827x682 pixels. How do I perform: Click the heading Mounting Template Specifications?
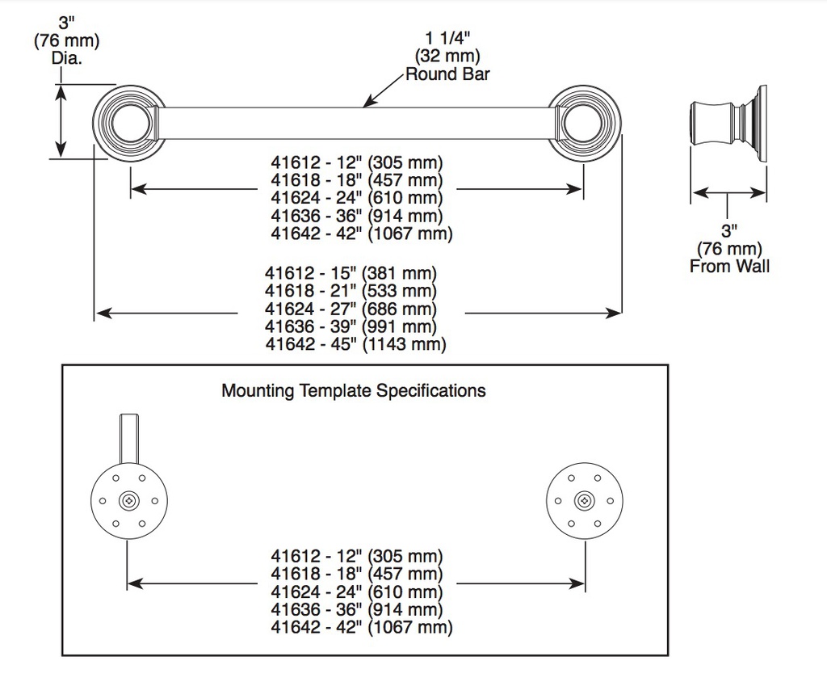[354, 391]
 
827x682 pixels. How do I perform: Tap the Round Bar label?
[447, 74]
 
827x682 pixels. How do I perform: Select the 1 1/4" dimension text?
[447, 39]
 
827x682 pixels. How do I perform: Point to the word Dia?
[67, 58]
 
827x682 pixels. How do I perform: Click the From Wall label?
[729, 266]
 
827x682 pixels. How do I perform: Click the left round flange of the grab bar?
[128, 123]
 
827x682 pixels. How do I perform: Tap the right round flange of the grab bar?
[585, 123]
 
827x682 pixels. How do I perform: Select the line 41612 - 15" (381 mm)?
[351, 273]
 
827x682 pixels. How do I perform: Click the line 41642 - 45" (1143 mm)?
[355, 344]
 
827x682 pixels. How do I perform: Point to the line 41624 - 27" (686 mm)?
[351, 309]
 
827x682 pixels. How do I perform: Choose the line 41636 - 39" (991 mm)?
[351, 326]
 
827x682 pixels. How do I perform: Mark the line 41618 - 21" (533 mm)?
[351, 291]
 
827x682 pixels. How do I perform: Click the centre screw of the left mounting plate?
[128, 501]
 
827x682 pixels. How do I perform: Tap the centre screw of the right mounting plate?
[585, 501]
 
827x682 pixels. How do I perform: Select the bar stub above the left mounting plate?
[129, 439]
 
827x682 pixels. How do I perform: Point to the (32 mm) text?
[447, 56]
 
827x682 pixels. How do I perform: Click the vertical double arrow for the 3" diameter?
[61, 121]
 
